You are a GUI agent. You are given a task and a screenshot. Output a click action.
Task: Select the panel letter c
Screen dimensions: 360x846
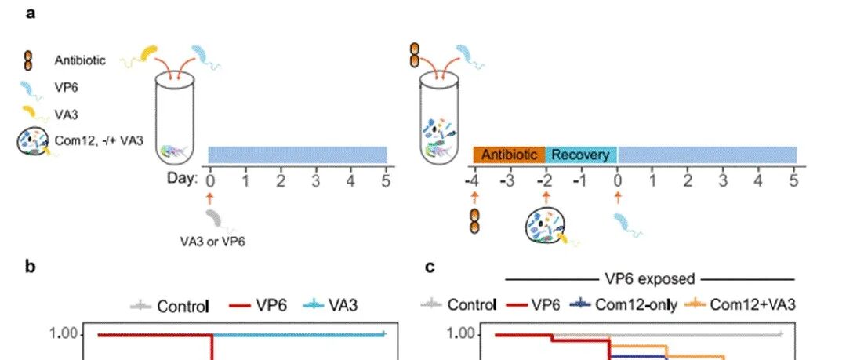pos(430,267)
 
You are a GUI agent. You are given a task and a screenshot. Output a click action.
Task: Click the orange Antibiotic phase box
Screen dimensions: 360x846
pos(509,155)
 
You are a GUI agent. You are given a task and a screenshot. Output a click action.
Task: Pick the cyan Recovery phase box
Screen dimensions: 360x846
pos(580,155)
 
